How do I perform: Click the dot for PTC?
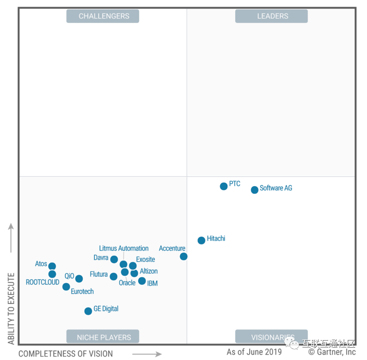click(x=223, y=186)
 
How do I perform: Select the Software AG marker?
click(x=254, y=190)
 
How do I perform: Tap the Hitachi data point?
click(x=201, y=240)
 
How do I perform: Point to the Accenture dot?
click(x=183, y=256)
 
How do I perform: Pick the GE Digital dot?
click(x=88, y=311)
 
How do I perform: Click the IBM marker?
click(x=142, y=281)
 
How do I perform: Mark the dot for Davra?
click(x=114, y=259)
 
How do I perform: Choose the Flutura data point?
click(x=113, y=276)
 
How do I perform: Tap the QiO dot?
click(x=79, y=278)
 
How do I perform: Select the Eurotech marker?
click(x=66, y=287)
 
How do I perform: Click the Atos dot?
click(x=52, y=266)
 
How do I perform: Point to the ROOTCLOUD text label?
click(x=42, y=282)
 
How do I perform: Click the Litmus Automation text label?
click(x=124, y=248)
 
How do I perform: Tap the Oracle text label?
click(x=127, y=283)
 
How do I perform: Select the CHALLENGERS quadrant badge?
click(x=103, y=16)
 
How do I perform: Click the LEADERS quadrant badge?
click(x=272, y=16)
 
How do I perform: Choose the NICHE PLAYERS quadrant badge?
click(x=103, y=337)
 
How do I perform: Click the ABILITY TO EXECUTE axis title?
click(x=11, y=308)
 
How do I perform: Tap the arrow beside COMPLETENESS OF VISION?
click(x=147, y=354)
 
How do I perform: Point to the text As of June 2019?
click(x=254, y=352)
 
